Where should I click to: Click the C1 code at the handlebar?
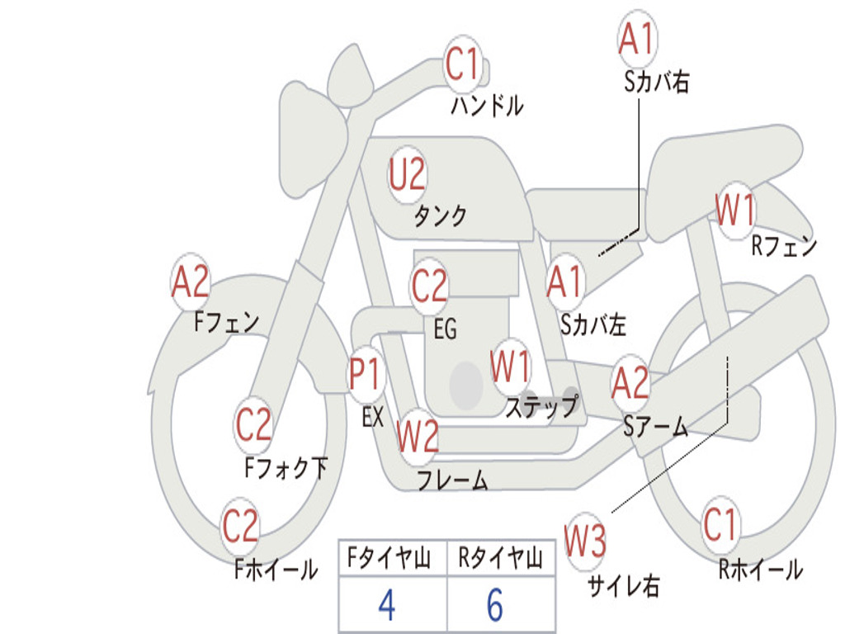click(x=462, y=64)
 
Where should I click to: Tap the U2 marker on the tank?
click(x=407, y=174)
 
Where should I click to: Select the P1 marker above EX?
click(x=366, y=373)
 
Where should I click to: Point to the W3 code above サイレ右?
click(x=585, y=540)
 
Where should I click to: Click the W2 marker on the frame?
click(x=418, y=436)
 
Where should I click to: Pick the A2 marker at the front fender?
click(x=191, y=282)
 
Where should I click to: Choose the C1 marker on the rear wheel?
click(x=720, y=524)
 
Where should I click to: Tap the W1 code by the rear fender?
click(x=735, y=210)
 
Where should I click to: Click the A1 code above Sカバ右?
click(x=638, y=38)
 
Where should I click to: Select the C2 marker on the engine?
click(x=429, y=285)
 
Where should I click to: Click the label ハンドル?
click(x=487, y=105)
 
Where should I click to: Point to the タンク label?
click(x=441, y=215)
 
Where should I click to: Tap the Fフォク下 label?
click(x=286, y=467)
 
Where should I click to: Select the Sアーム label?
click(x=656, y=427)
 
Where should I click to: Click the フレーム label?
click(x=453, y=480)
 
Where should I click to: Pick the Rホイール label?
click(x=761, y=570)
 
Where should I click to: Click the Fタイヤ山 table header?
click(x=389, y=558)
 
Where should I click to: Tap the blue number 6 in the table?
click(x=495, y=605)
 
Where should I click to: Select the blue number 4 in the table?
click(x=387, y=605)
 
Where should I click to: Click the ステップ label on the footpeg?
click(x=541, y=406)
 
